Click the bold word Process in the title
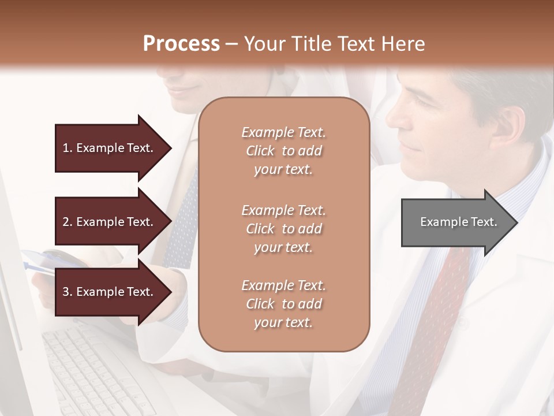pos(181,44)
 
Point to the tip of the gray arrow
pos(516,222)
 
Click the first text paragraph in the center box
pos(283,151)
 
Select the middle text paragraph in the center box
pos(283,229)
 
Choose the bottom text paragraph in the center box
pos(283,304)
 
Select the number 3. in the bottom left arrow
pos(67,292)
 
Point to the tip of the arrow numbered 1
pos(171,148)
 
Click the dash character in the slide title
pos(232,44)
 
